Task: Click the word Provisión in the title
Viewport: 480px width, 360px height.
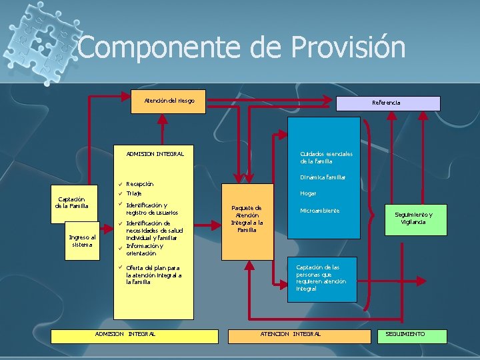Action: coord(348,48)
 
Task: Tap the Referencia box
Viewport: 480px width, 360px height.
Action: coord(388,103)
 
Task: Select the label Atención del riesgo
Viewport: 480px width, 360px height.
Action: coord(169,101)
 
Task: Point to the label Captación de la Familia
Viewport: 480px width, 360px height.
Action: coord(71,202)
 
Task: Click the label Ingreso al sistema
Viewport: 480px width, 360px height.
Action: coord(83,240)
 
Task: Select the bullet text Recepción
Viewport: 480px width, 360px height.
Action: coord(140,183)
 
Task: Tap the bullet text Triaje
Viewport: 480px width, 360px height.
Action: coord(135,193)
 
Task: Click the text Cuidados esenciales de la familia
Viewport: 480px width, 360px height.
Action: coord(326,157)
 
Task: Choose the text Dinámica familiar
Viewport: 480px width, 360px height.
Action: coord(323,177)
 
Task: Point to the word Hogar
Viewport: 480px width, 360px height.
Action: coord(308,193)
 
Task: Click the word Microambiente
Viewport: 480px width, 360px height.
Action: coord(319,211)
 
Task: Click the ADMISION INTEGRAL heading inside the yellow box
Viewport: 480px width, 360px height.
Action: coord(155,154)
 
